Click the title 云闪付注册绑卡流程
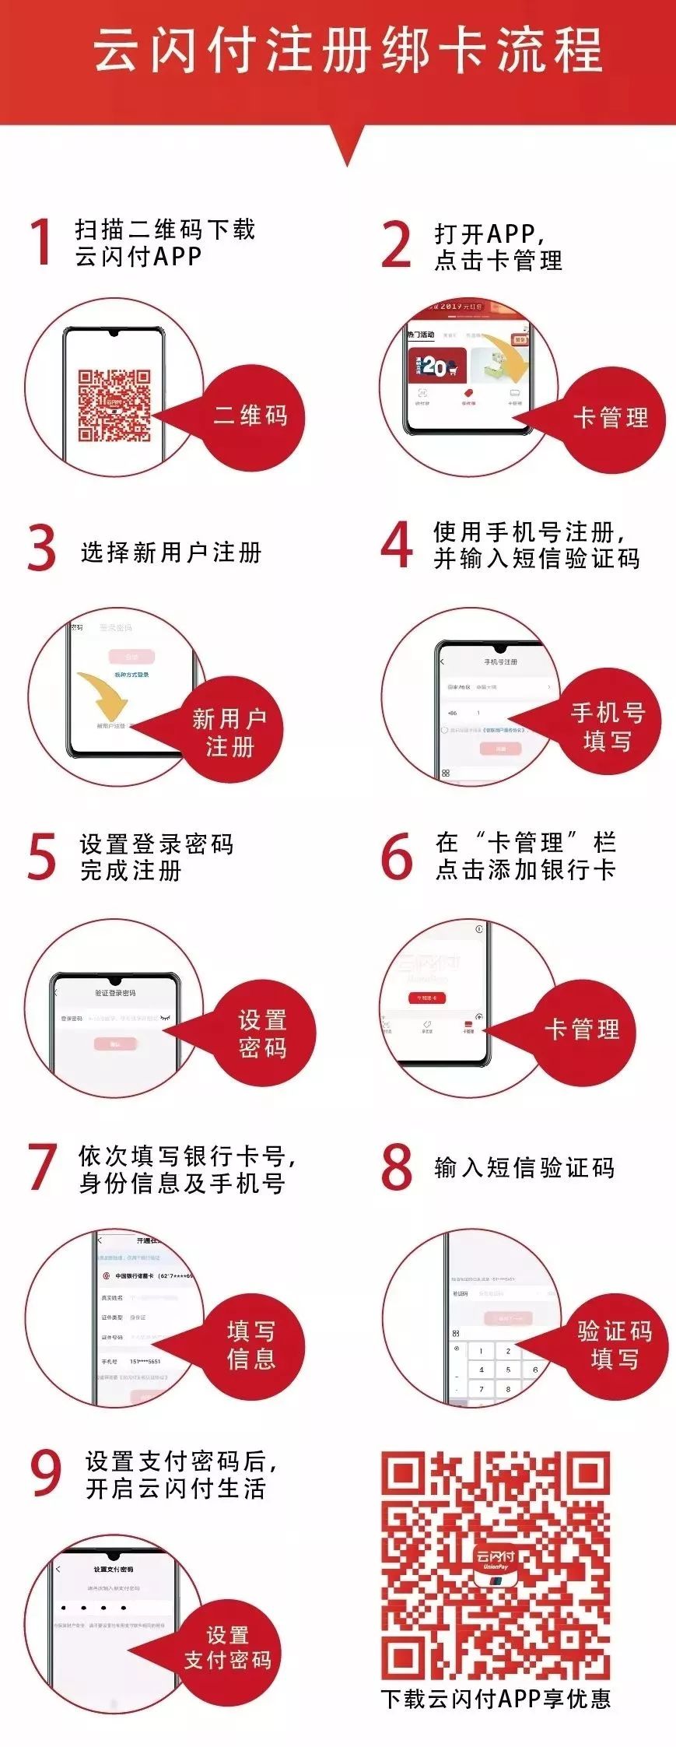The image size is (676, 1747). click(x=348, y=51)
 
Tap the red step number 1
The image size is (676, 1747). click(x=41, y=242)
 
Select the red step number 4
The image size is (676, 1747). click(x=397, y=545)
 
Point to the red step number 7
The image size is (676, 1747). click(x=43, y=1166)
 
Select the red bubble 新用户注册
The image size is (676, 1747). click(x=230, y=731)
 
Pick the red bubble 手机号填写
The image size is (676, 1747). click(x=608, y=726)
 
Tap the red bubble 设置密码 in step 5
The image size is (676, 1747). click(x=263, y=1033)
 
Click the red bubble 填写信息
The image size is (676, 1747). click(x=251, y=1344)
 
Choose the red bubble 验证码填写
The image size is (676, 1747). click(x=615, y=1344)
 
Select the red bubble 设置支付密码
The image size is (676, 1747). click(x=229, y=1647)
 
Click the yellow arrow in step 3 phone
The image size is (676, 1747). click(x=105, y=696)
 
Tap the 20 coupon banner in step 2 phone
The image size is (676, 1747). click(x=436, y=366)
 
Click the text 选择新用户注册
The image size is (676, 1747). click(x=171, y=553)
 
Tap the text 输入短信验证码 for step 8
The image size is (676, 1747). click(x=524, y=1167)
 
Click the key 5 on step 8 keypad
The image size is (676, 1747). click(x=508, y=1369)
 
